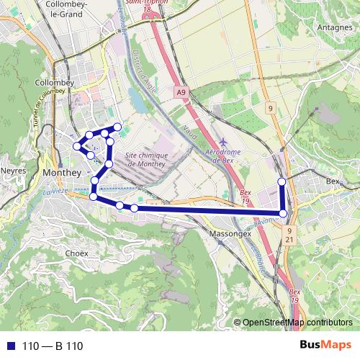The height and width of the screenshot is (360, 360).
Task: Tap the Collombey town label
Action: (x=55, y=83)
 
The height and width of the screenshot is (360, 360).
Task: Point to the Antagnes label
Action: (x=333, y=27)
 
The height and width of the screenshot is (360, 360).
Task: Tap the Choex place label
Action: (x=76, y=253)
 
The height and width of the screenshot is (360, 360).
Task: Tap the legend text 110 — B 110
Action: (x=53, y=346)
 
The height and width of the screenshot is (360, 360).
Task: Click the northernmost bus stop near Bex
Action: (x=282, y=181)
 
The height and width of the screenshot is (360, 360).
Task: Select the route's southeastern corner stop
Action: (x=284, y=213)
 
